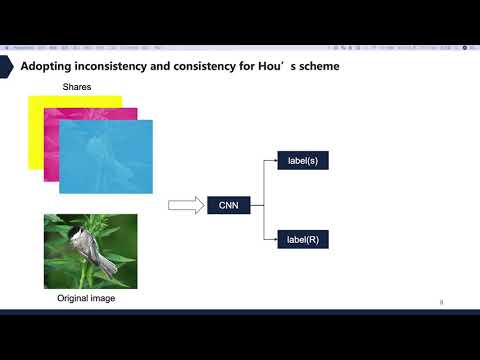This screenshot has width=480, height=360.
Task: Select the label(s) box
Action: (301, 160)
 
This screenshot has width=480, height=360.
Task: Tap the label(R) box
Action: (301, 240)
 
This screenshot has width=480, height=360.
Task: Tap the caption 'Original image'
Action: (84, 299)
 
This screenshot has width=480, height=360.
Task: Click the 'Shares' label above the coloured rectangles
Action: (77, 87)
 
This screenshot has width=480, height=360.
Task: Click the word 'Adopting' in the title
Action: (45, 66)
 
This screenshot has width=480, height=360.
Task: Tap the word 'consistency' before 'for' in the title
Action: (210, 66)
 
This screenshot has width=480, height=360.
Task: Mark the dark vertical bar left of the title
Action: (13, 66)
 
